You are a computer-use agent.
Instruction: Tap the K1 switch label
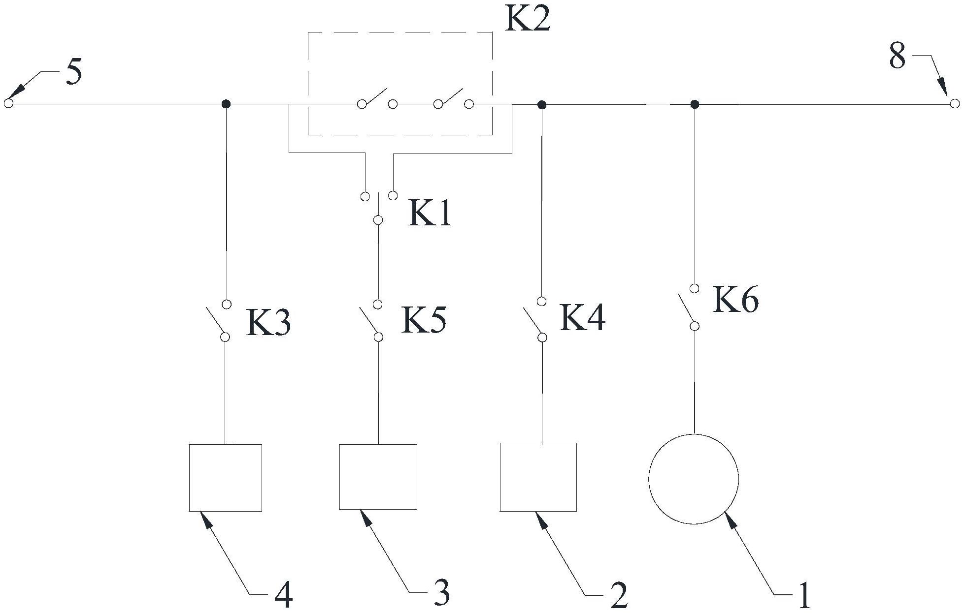[430, 214]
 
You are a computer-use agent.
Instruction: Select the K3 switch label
[268, 323]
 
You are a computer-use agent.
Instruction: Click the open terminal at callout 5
[8, 103]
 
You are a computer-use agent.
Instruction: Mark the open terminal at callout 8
[955, 103]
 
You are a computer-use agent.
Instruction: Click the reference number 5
[73, 73]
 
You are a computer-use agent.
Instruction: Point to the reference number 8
[898, 56]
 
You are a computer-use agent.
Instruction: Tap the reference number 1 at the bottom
[803, 596]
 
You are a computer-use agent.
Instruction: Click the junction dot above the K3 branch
[226, 104]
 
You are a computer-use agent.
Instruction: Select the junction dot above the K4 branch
[542, 104]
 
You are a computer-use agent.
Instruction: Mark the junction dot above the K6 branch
[695, 104]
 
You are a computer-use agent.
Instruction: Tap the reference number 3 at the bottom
[441, 593]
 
